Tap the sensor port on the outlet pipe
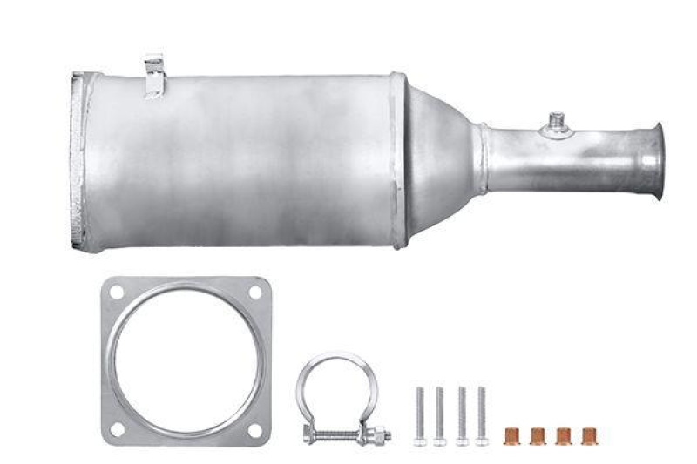[x=555, y=127]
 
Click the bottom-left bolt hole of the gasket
[x=117, y=430]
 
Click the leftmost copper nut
[x=511, y=433]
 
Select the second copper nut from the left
[x=537, y=433]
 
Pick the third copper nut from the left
[x=563, y=433]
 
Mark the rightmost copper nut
[x=588, y=433]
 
